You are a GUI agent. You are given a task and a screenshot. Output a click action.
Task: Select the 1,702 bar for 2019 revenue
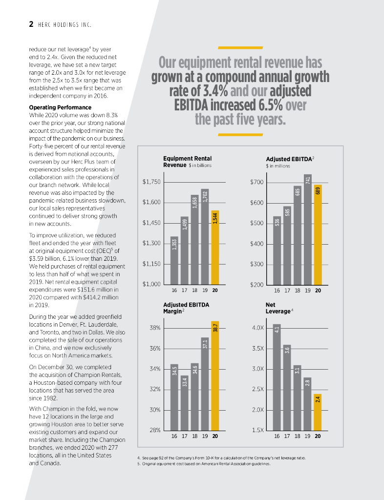point(205,236)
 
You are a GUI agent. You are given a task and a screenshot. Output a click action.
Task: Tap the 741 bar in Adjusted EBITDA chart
point(307,229)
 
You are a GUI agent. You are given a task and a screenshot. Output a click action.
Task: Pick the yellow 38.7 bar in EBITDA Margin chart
point(215,375)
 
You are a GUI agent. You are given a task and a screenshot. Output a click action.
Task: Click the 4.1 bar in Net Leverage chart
point(277,376)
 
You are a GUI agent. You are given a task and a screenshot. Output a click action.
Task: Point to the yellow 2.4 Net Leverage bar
point(318,412)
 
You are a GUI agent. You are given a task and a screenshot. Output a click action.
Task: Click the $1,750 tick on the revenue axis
point(151,182)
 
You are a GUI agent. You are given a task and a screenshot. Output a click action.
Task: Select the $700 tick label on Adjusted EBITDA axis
point(257,182)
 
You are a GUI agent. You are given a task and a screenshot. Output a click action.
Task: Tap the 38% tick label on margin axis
point(154,328)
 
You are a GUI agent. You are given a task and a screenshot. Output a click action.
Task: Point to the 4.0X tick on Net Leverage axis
point(258,328)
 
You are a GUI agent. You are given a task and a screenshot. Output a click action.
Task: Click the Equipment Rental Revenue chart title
point(188,162)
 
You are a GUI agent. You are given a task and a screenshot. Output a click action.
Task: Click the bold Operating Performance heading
point(60,107)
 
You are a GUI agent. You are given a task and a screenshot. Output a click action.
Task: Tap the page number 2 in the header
point(30,24)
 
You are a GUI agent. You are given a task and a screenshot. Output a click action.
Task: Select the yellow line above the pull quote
point(234,47)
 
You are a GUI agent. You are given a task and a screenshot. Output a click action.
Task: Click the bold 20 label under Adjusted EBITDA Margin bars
point(215,437)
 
